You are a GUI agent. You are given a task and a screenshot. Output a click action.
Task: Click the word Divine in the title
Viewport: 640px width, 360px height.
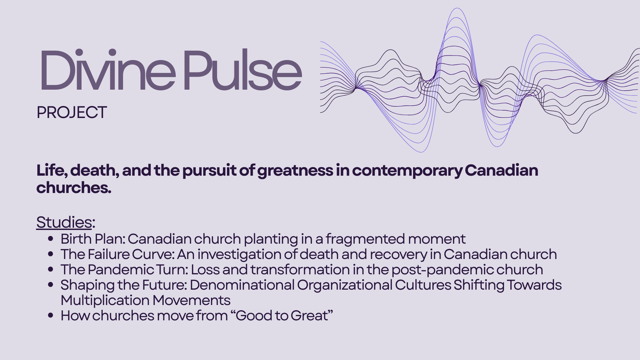[108, 69]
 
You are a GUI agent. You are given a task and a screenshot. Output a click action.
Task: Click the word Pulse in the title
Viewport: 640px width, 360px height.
[243, 69]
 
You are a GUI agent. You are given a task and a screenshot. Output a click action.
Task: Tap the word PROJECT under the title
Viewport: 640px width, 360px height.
[72, 112]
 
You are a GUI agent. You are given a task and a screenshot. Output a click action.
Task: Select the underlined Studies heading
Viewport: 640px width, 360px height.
[64, 222]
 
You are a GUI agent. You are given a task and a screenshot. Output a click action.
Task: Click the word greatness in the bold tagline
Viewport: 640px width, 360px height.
[295, 171]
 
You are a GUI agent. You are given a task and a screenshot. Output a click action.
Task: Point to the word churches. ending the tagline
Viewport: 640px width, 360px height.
[74, 188]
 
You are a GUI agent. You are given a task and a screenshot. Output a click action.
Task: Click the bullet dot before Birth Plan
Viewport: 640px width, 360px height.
[51, 239]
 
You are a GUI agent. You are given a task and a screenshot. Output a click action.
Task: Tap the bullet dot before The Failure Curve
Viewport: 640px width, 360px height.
[51, 254]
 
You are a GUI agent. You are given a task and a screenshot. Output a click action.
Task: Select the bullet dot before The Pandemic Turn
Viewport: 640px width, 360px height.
[51, 269]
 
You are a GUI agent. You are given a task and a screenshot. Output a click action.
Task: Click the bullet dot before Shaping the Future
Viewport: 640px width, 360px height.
[51, 285]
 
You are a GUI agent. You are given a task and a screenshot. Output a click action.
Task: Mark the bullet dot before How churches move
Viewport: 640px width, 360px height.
[51, 315]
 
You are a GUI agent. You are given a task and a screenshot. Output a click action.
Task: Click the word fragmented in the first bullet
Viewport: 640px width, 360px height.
[365, 239]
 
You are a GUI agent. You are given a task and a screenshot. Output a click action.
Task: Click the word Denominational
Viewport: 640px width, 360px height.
[242, 285]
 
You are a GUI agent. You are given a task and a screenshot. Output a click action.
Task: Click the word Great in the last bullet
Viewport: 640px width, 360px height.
[309, 316]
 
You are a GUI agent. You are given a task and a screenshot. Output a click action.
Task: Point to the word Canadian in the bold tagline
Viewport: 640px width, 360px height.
[501, 170]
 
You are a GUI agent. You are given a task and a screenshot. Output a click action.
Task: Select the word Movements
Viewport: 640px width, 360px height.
[191, 300]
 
